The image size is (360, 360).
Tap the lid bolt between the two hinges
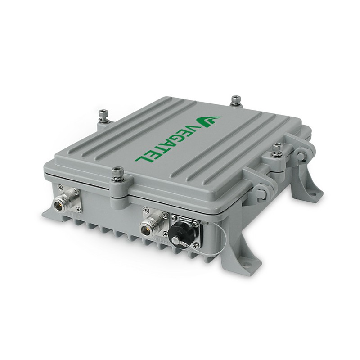pyautogui.click(x=276, y=150)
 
